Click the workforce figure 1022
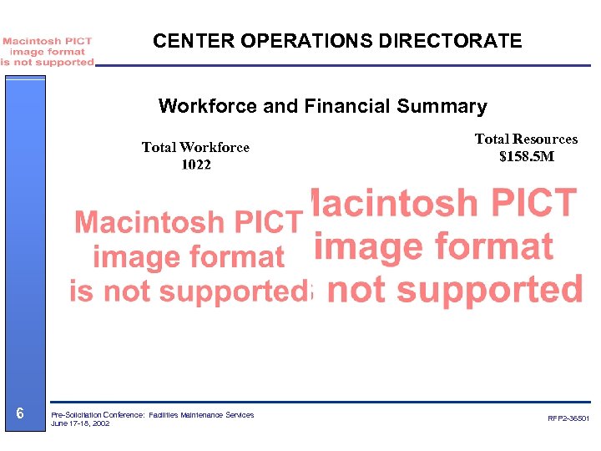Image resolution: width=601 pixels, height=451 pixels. point(196,165)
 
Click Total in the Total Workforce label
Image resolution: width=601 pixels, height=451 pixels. point(159,148)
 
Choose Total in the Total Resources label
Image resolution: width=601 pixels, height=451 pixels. point(492,139)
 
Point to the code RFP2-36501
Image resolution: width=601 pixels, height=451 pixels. point(568,418)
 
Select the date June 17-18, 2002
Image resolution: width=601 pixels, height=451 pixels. point(80,423)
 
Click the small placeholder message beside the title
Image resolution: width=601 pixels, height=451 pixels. point(48,51)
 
